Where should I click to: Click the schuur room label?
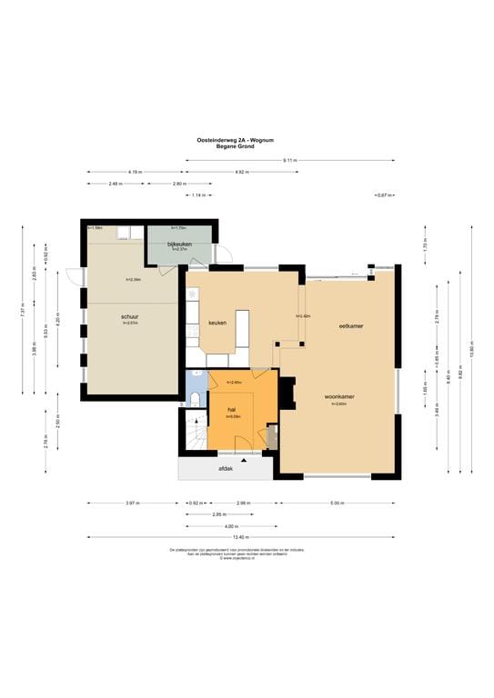129,317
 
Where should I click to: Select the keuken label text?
217,323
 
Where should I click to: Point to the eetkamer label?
351,325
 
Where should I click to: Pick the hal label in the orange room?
232,410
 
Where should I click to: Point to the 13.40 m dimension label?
241,537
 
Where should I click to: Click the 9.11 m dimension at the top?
290,160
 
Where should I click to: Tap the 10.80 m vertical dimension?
473,350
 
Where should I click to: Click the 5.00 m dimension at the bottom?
337,503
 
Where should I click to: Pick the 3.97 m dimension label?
131,503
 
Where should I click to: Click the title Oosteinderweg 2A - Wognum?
237,139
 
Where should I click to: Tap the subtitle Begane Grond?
236,146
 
